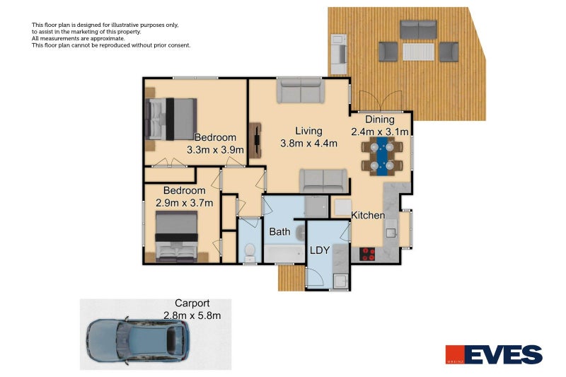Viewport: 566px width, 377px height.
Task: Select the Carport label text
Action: point(192,303)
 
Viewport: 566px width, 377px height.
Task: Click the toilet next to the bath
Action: point(249,251)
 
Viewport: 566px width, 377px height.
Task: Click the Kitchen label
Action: point(368,215)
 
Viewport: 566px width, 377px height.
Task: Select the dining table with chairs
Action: point(382,156)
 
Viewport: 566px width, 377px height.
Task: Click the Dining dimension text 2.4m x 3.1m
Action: point(380,132)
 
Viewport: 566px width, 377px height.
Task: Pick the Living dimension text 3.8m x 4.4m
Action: point(308,144)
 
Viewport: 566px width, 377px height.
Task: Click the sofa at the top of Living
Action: point(299,91)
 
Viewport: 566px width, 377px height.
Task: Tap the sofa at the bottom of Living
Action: point(323,180)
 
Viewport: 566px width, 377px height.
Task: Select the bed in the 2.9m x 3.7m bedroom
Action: point(176,236)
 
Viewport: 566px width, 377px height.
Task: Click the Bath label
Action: point(280,231)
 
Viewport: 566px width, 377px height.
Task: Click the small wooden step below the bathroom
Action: point(290,277)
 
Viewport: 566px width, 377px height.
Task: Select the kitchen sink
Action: point(391,228)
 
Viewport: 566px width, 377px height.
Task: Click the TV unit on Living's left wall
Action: point(255,139)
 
